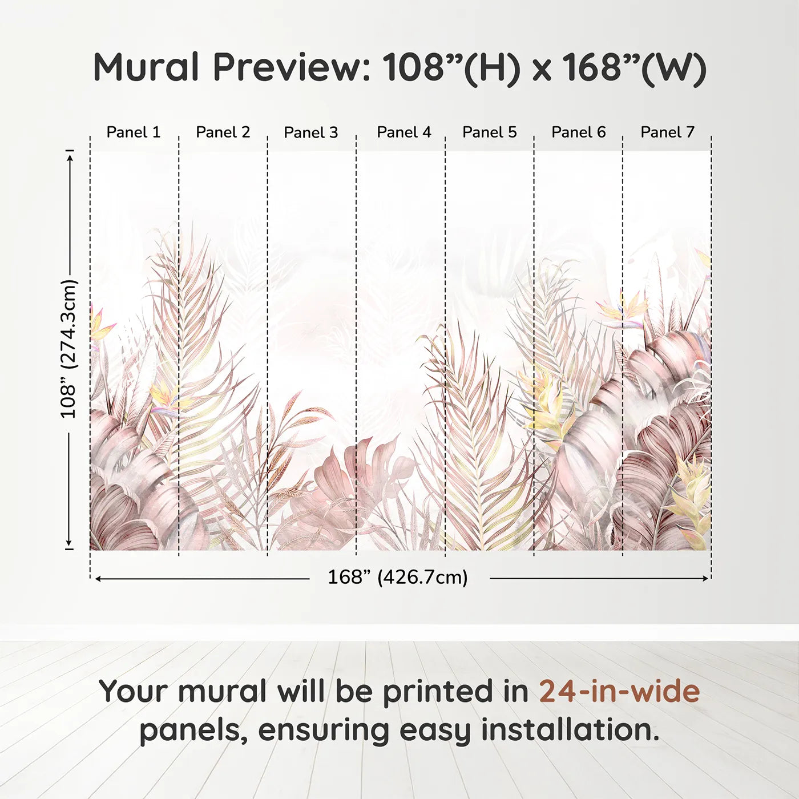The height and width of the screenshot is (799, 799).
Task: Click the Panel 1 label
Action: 133,132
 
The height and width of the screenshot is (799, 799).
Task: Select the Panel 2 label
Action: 223,132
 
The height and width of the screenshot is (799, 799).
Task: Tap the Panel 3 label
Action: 311,132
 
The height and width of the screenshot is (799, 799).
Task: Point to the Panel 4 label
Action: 404,132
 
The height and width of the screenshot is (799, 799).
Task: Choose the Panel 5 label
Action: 490,132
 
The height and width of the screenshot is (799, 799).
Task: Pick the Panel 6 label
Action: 578,132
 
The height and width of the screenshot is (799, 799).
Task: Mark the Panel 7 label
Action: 667,132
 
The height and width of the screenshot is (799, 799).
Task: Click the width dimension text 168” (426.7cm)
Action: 398,577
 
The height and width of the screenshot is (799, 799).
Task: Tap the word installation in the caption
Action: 570,730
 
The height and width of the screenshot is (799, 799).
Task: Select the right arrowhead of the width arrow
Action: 706,578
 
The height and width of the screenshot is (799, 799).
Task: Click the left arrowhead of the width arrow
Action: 98,578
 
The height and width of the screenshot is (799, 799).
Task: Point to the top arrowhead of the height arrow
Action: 70,158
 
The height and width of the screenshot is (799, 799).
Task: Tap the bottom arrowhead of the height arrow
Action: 70,543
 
